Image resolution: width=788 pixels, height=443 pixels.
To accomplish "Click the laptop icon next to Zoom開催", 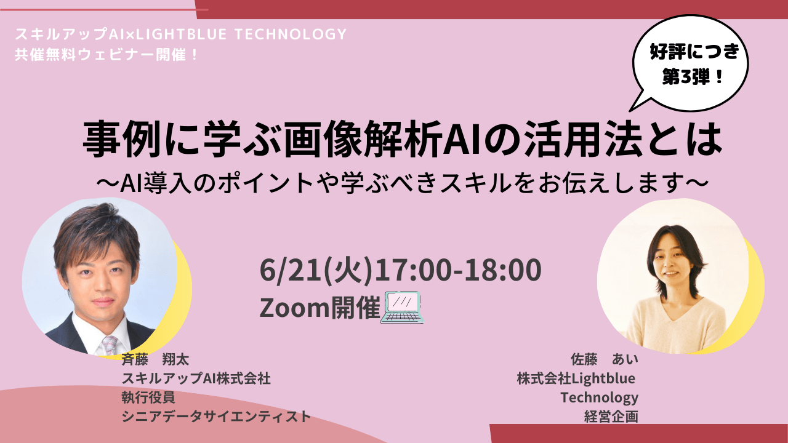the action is tap(402, 307).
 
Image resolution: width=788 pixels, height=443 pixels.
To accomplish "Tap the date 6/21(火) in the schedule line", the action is tap(316, 270).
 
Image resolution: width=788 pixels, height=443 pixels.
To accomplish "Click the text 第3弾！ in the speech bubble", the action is tap(693, 76).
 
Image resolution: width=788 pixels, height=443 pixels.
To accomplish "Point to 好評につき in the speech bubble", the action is tap(694, 52).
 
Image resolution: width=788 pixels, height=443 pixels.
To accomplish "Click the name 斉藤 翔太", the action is tap(155, 359).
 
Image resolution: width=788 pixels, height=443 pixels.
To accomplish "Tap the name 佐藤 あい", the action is tap(604, 359).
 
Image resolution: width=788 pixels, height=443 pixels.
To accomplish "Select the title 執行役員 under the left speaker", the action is tap(148, 397).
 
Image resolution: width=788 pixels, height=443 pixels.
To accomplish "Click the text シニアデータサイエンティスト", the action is tap(216, 417).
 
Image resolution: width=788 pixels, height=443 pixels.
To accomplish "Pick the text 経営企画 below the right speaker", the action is tap(611, 417).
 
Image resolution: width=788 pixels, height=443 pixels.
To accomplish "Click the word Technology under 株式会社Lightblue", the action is tap(599, 398).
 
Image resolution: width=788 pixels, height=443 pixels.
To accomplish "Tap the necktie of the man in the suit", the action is tap(110, 345).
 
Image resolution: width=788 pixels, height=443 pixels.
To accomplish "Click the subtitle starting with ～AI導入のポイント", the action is tap(403, 183).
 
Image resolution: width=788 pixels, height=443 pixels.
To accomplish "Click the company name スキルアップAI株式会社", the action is tap(196, 378).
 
